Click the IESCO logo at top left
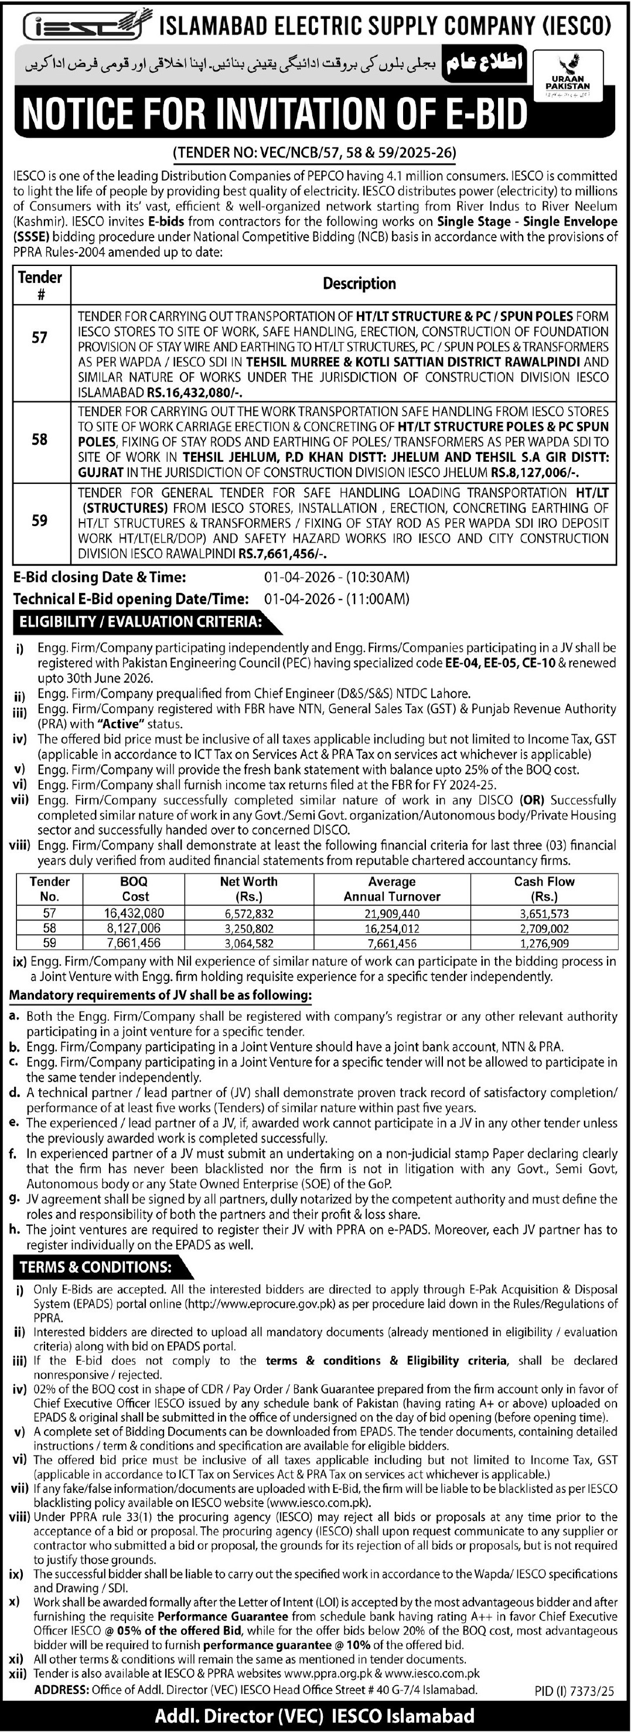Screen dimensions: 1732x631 (x=83, y=26)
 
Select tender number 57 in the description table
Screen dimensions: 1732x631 (x=40, y=337)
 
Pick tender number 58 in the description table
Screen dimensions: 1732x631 (x=40, y=439)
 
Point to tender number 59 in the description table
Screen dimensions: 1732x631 (x=40, y=521)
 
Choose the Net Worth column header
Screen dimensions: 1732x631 (x=248, y=889)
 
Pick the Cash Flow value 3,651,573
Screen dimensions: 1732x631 (x=544, y=913)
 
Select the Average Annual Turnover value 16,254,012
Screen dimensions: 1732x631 (x=392, y=929)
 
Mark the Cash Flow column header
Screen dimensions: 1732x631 (x=544, y=889)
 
